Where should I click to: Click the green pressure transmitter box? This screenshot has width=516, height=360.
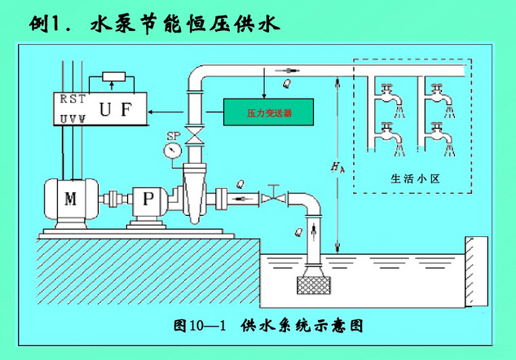click(x=268, y=112)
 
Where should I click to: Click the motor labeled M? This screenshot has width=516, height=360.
click(x=71, y=200)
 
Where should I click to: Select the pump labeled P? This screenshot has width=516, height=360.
click(x=145, y=200)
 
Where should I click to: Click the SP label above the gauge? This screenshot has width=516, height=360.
click(x=172, y=134)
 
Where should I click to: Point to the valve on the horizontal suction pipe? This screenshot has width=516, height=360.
click(x=276, y=198)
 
